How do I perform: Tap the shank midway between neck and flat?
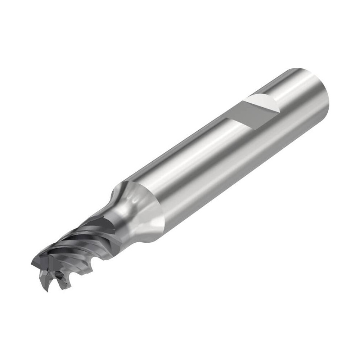click(191, 162)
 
